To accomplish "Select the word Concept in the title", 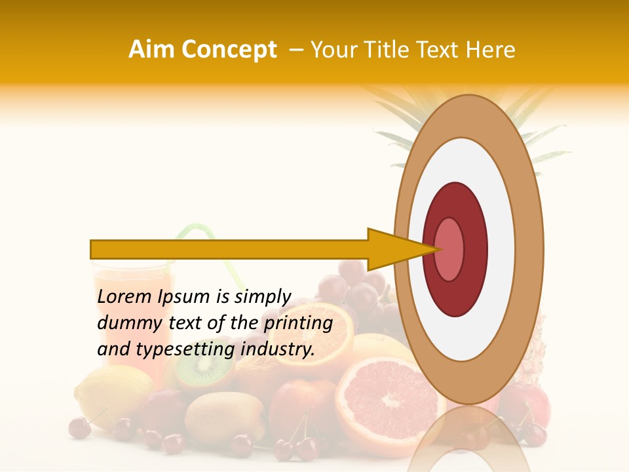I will tap(229, 50).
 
